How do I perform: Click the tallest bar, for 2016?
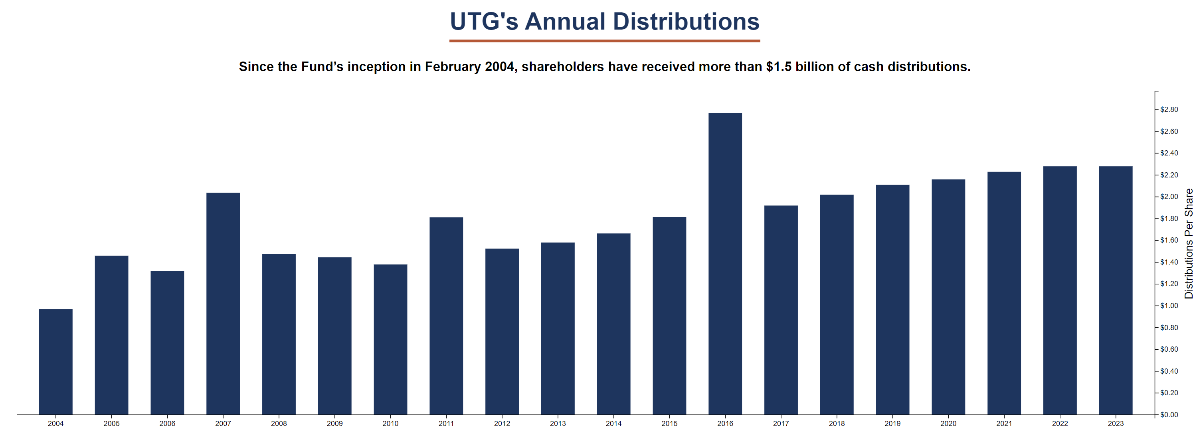pos(725,264)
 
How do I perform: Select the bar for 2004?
pos(55,362)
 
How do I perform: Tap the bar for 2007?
pos(223,303)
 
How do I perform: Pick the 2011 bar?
pos(446,316)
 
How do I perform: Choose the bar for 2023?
pos(1115,290)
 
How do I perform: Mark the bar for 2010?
pos(390,339)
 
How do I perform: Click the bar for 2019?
pos(892,300)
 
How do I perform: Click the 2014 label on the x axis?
pos(613,424)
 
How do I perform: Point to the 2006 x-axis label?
pos(167,424)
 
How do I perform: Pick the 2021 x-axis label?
pos(1004,424)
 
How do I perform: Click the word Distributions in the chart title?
pos(686,22)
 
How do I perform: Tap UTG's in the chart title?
pos(483,22)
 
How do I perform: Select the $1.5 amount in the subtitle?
pos(778,67)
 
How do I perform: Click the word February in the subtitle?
pos(452,67)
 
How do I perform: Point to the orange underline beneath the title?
pos(605,41)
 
